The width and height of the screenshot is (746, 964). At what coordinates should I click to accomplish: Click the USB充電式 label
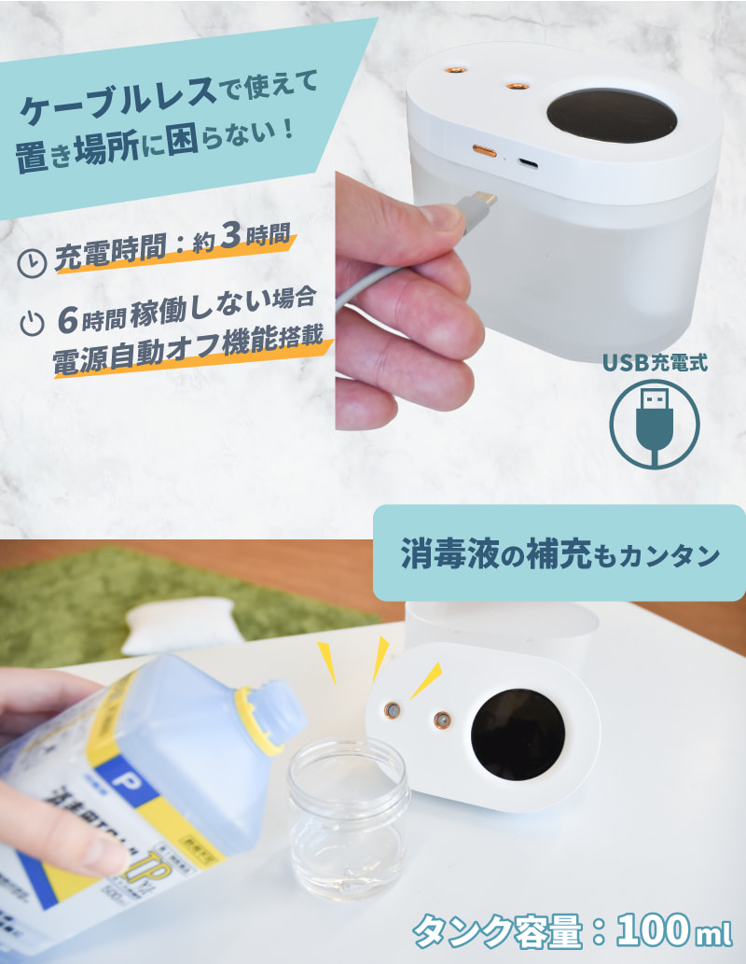coord(654,362)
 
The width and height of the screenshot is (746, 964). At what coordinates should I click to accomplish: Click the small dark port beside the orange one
coord(528,162)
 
